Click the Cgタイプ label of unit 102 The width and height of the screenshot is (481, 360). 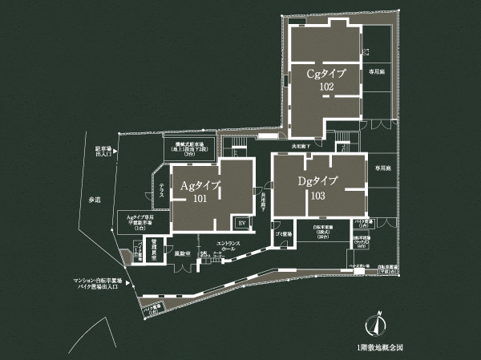(326, 74)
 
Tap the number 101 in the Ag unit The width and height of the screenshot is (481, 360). (199, 199)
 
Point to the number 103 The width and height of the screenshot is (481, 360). (317, 195)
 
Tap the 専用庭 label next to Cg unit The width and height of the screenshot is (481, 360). (376, 71)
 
